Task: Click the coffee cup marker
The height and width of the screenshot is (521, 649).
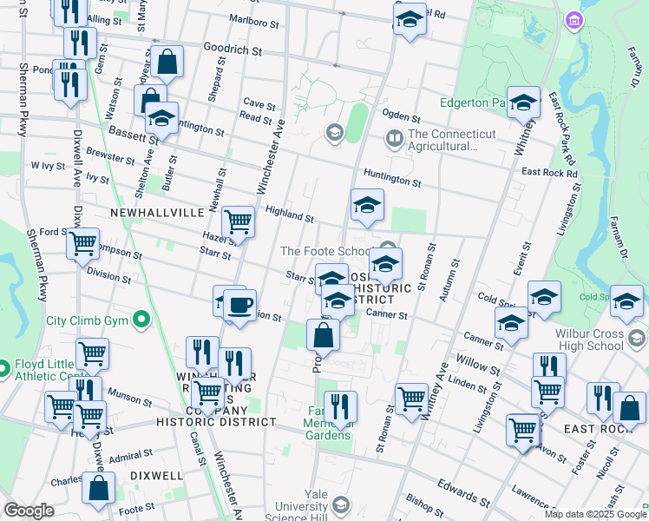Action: click(240, 306)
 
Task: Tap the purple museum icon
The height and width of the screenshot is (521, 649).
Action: click(573, 19)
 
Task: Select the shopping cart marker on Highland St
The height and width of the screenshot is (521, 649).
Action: click(238, 222)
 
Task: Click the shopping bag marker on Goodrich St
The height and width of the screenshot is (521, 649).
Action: click(168, 62)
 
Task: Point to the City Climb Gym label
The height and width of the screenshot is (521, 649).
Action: click(87, 320)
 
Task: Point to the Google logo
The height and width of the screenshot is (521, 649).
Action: click(29, 510)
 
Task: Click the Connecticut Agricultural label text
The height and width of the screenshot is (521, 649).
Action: click(451, 140)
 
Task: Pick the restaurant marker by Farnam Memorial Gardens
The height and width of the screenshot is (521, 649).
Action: click(340, 406)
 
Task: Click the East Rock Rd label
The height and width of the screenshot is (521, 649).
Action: click(549, 173)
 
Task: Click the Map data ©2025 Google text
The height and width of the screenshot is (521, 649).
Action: click(595, 513)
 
